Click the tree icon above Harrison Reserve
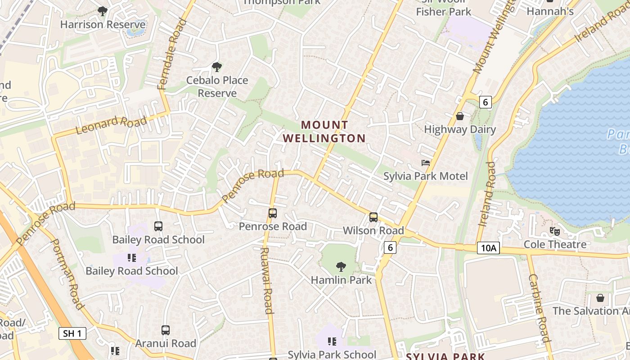tap(103, 11)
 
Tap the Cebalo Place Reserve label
tap(217, 86)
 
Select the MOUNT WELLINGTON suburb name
tap(324, 131)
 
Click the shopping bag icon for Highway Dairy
tap(460, 116)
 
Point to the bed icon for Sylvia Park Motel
tap(425, 162)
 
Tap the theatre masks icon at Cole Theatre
tap(554, 231)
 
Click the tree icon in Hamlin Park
tap(341, 266)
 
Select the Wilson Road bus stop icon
tap(373, 217)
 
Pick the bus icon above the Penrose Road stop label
tap(272, 213)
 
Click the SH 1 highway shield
tap(72, 333)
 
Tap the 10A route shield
tap(488, 248)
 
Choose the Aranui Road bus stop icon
tap(165, 330)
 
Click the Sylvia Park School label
tap(332, 354)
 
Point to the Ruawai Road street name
tap(267, 280)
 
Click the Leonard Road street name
tap(111, 125)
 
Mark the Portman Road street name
tap(67, 274)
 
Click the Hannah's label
tap(550, 11)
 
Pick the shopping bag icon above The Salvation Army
tap(600, 298)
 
